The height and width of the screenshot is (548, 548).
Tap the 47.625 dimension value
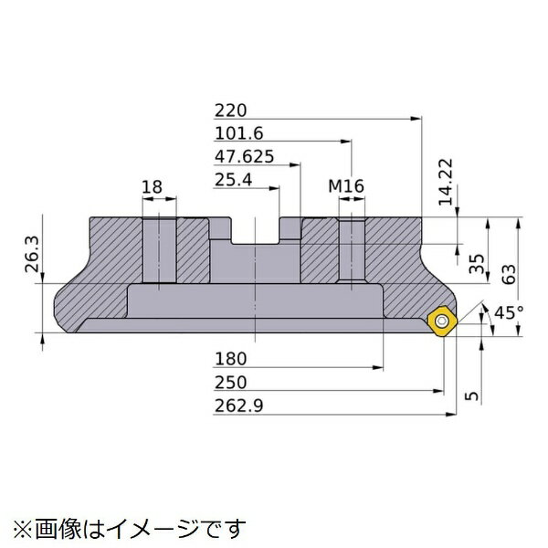click(x=242, y=156)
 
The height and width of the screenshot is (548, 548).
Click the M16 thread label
click(x=347, y=187)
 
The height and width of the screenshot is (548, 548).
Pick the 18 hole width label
click(x=153, y=187)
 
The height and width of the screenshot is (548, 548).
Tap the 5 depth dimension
click(x=470, y=395)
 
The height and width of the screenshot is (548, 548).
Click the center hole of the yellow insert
click(x=443, y=321)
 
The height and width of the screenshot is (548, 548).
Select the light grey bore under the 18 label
click(x=157, y=250)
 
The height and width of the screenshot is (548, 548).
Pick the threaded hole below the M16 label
click(x=349, y=250)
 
